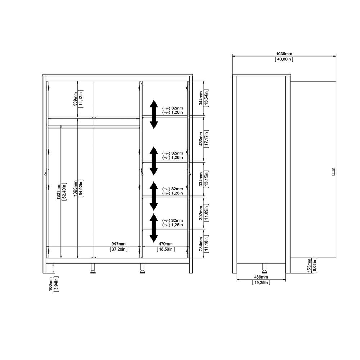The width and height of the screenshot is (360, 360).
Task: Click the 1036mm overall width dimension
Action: click(x=284, y=54)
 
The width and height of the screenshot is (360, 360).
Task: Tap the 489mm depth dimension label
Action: click(x=261, y=277)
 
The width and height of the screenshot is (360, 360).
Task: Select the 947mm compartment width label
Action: click(x=118, y=244)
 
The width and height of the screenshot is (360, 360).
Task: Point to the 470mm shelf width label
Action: click(x=166, y=244)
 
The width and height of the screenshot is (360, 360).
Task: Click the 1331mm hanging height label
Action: click(x=58, y=191)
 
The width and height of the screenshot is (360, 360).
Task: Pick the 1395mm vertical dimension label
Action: click(x=75, y=188)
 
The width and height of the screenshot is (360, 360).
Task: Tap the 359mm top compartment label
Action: click(x=75, y=99)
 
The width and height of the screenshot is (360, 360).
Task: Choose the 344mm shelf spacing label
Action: click(x=201, y=98)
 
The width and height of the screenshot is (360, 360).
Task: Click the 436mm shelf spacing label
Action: click(x=201, y=139)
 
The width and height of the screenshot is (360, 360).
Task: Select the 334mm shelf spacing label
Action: click(x=201, y=179)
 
